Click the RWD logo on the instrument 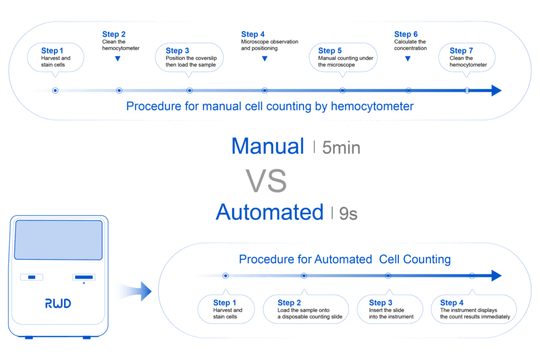[x=58, y=304]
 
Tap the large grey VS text [x=266, y=181]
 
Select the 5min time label [x=341, y=148]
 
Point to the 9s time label [x=348, y=213]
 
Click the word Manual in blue [x=268, y=146]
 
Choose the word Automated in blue [x=269, y=212]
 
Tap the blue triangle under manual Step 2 [x=118, y=59]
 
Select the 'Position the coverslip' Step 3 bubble [x=190, y=58]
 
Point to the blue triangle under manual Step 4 [x=265, y=59]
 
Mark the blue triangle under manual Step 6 [x=408, y=59]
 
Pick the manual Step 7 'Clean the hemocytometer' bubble [x=468, y=58]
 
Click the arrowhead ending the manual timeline [x=496, y=91]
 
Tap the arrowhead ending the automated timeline [x=496, y=275]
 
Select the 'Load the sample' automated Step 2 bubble [x=305, y=310]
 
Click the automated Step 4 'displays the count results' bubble [x=474, y=310]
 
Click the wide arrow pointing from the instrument [x=135, y=292]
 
